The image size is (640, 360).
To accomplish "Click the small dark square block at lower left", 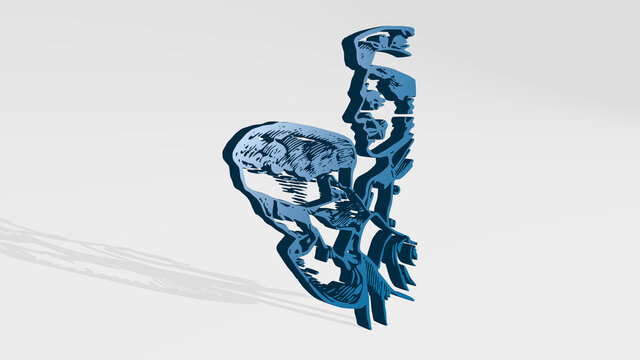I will click(322, 254).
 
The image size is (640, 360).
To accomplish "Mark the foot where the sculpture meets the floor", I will click(369, 318).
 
